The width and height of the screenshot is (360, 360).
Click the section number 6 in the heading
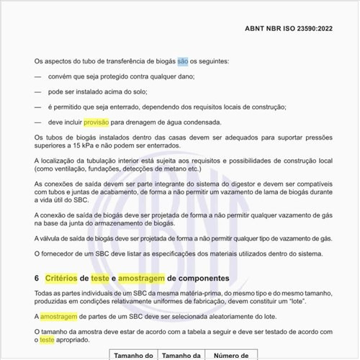click(37, 278)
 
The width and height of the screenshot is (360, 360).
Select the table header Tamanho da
click(182, 355)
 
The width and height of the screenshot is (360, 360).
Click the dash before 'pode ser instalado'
click(38, 92)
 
